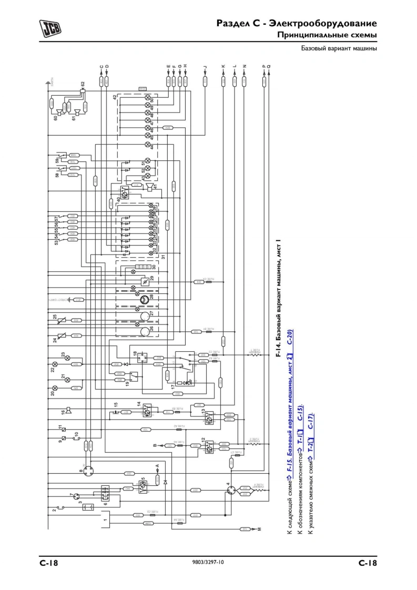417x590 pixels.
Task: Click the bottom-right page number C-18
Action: pyautogui.click(x=368, y=563)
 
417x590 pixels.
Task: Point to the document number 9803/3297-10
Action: pyautogui.click(x=209, y=563)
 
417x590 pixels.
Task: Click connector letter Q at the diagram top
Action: pyautogui.click(x=269, y=67)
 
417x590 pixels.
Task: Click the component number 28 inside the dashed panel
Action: pyautogui.click(x=152, y=298)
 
